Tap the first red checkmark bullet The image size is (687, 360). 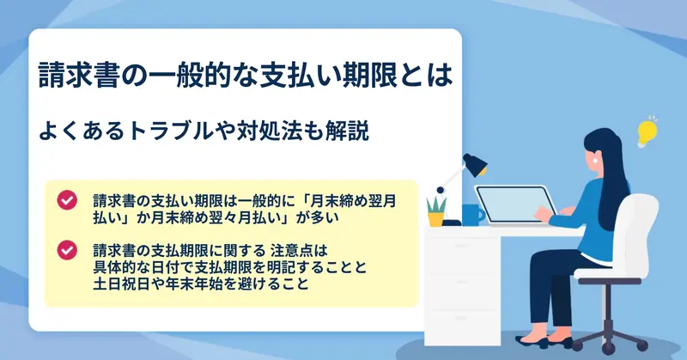point(67,200)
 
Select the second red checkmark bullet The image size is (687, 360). point(67,250)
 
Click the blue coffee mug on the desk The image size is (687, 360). point(473,215)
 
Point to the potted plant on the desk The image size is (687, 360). point(436,211)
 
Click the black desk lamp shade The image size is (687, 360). point(475,164)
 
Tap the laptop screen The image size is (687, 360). point(514,204)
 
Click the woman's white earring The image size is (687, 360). point(595,161)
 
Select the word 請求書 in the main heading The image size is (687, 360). point(79,75)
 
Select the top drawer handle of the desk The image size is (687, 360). point(462,246)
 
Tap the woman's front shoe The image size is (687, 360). point(531,342)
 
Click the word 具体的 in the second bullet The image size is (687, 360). point(115,266)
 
